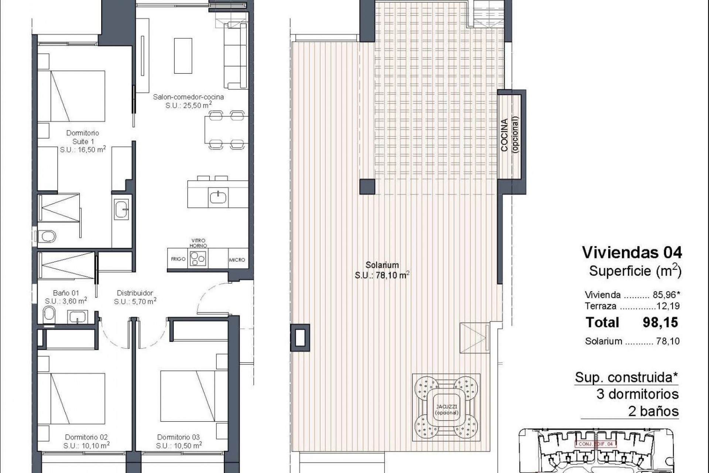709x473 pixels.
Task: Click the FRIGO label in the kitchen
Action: (x=178, y=259)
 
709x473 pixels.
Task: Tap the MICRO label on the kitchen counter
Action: (x=237, y=260)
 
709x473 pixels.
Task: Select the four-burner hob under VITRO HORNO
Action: (x=198, y=258)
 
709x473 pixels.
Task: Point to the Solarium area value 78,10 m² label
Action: (x=382, y=275)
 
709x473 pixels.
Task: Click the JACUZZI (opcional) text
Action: (x=446, y=410)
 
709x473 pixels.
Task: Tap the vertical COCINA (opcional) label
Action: (x=510, y=135)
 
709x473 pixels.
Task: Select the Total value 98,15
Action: (x=660, y=322)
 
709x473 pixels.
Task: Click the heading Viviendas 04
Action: (x=632, y=252)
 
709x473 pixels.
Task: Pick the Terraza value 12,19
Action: (x=669, y=306)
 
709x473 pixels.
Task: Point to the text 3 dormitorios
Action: (x=637, y=394)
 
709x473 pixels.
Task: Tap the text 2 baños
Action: (x=653, y=411)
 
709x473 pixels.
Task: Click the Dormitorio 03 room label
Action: (x=178, y=437)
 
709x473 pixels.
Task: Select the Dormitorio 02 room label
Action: (x=86, y=437)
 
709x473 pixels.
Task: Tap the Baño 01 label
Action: (x=66, y=293)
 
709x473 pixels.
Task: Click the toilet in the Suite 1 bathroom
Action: (x=48, y=235)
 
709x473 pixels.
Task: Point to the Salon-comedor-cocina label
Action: (x=188, y=97)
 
